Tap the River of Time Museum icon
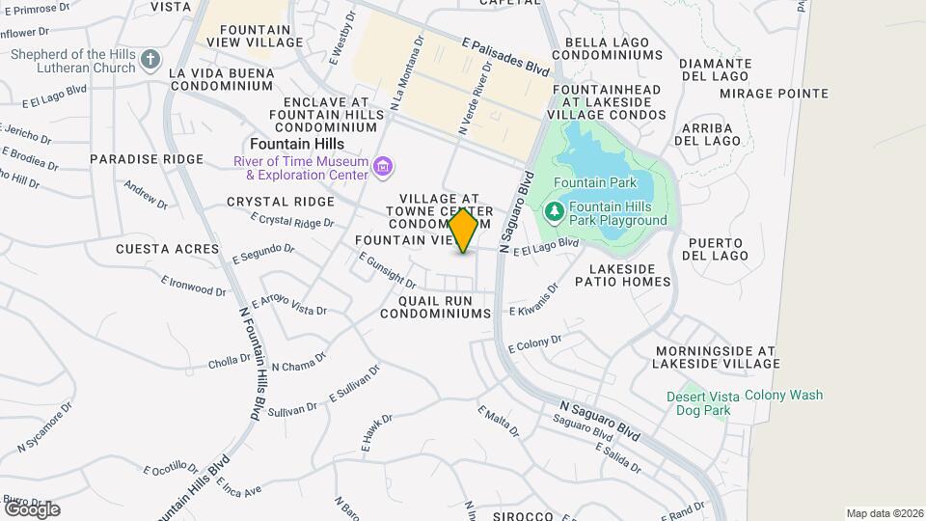pyautogui.click(x=384, y=168)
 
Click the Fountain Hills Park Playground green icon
pyautogui.click(x=555, y=211)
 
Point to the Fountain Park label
pyautogui.click(x=594, y=182)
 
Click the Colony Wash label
pyautogui.click(x=784, y=395)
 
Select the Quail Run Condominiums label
pyautogui.click(x=436, y=307)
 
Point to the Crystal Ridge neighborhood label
pyautogui.click(x=281, y=202)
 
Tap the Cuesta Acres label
pyautogui.click(x=168, y=249)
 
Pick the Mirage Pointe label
pyautogui.click(x=774, y=94)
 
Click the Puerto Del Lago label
pyautogui.click(x=715, y=249)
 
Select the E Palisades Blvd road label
pyautogui.click(x=505, y=58)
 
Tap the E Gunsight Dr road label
pyautogui.click(x=387, y=270)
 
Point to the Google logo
pyautogui.click(x=32, y=508)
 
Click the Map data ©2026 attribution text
pyautogui.click(x=884, y=512)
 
